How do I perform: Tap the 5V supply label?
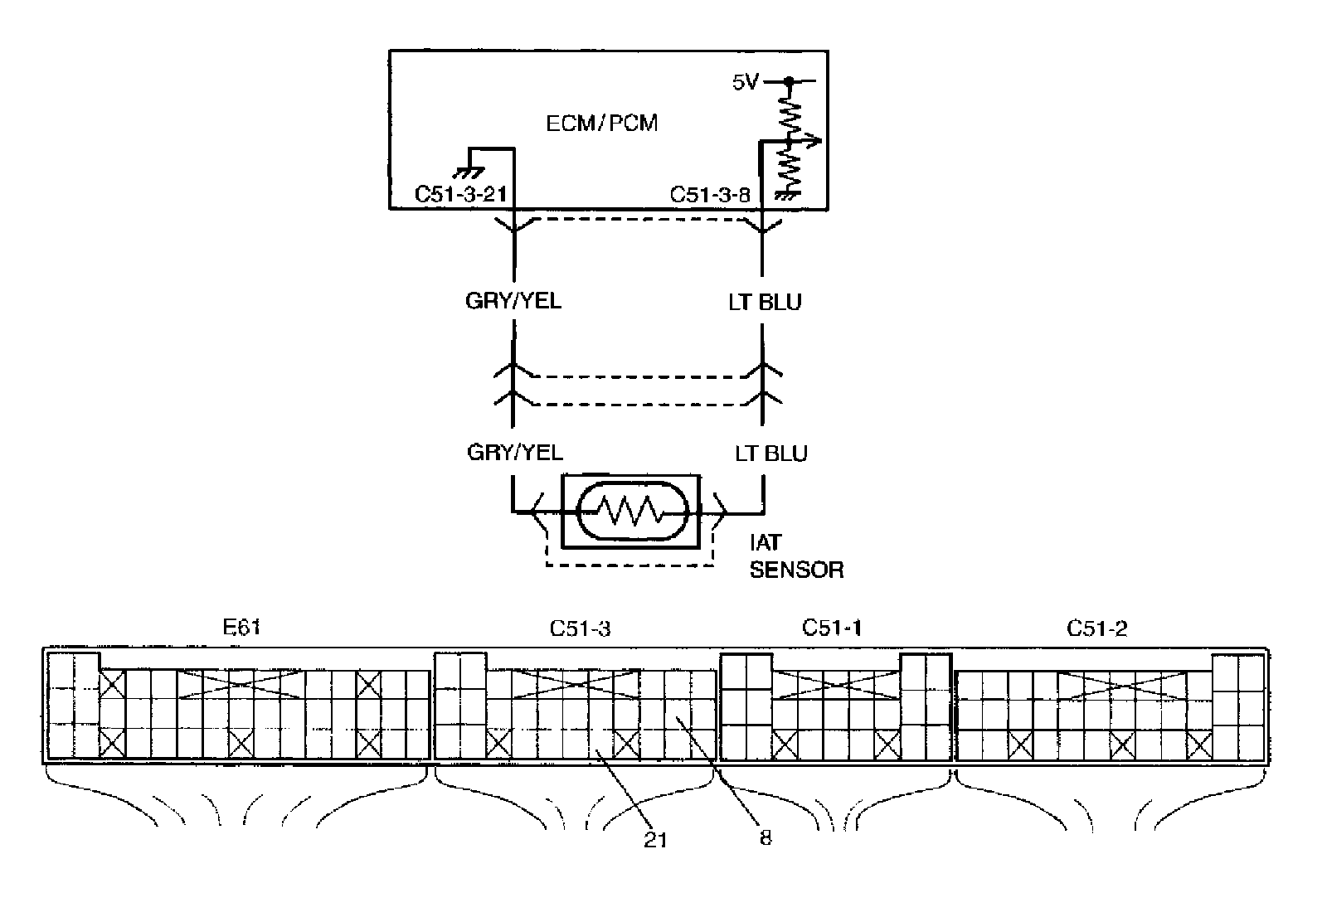745,82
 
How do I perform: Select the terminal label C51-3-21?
460,195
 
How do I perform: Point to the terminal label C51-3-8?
710,195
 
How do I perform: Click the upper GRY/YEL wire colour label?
513,300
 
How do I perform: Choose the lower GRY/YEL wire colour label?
514,452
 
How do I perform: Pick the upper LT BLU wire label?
765,302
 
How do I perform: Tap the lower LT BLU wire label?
770,454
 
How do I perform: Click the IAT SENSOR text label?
796,556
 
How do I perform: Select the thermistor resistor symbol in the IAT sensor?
631,512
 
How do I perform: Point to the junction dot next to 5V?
790,81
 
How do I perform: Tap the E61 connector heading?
241,627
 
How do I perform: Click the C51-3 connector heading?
580,628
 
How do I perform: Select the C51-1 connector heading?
831,628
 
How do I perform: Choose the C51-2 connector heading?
1096,628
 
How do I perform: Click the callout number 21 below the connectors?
655,839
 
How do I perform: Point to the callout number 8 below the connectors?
765,837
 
